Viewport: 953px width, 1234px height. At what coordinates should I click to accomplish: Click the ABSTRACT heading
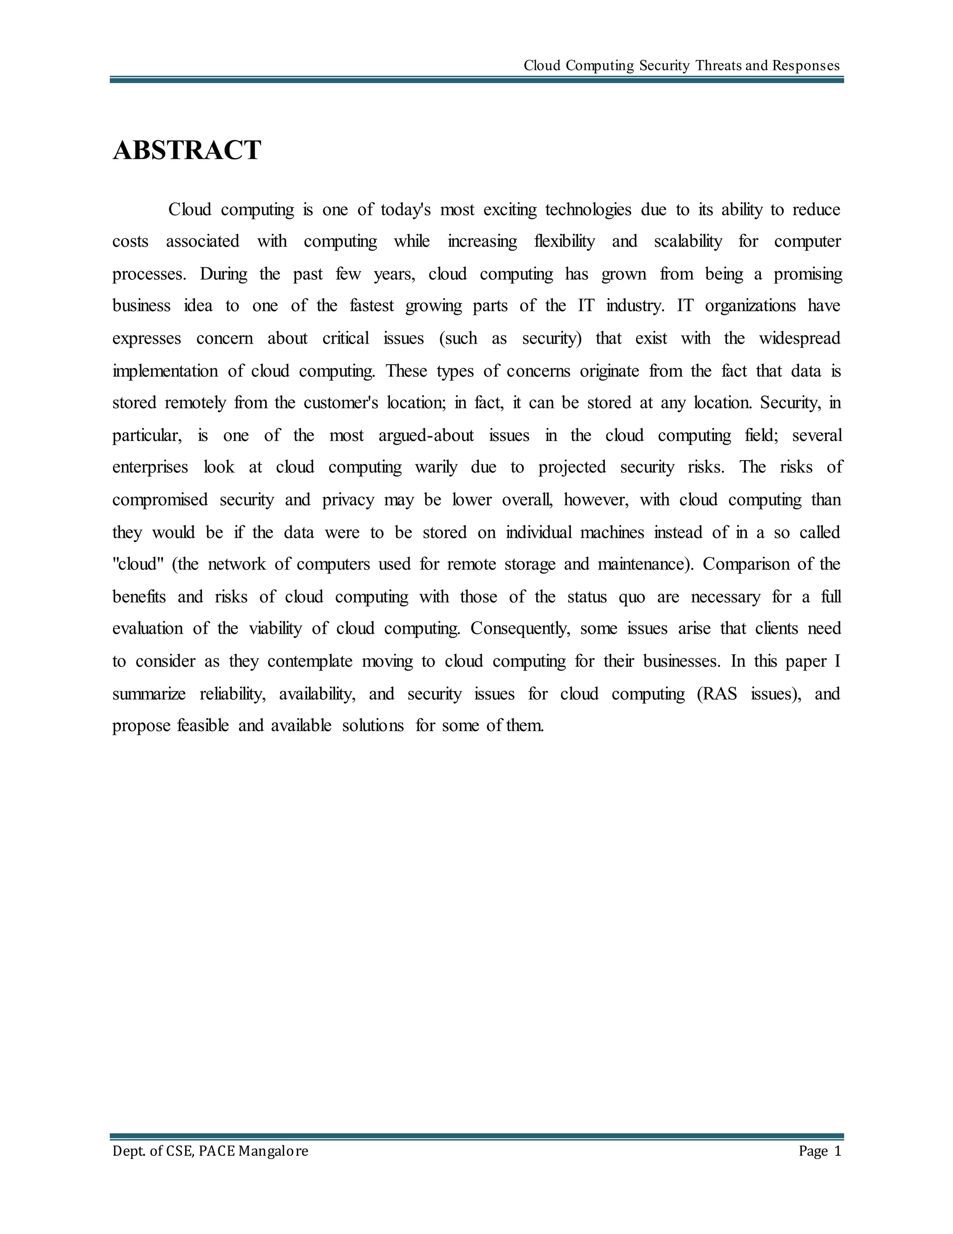coord(187,150)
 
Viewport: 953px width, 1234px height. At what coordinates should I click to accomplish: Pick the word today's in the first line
coord(405,210)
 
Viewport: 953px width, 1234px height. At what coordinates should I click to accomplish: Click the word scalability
coord(688,241)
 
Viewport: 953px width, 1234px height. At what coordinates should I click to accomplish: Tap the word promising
coord(807,274)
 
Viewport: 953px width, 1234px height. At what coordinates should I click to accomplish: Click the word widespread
coord(799,339)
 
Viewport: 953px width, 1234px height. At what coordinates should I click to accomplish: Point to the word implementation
coord(165,371)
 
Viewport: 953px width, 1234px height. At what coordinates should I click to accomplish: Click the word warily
coord(436,467)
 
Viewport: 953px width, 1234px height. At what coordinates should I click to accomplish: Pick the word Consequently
coord(520,628)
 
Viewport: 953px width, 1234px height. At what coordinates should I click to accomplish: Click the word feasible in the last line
coord(203,725)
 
